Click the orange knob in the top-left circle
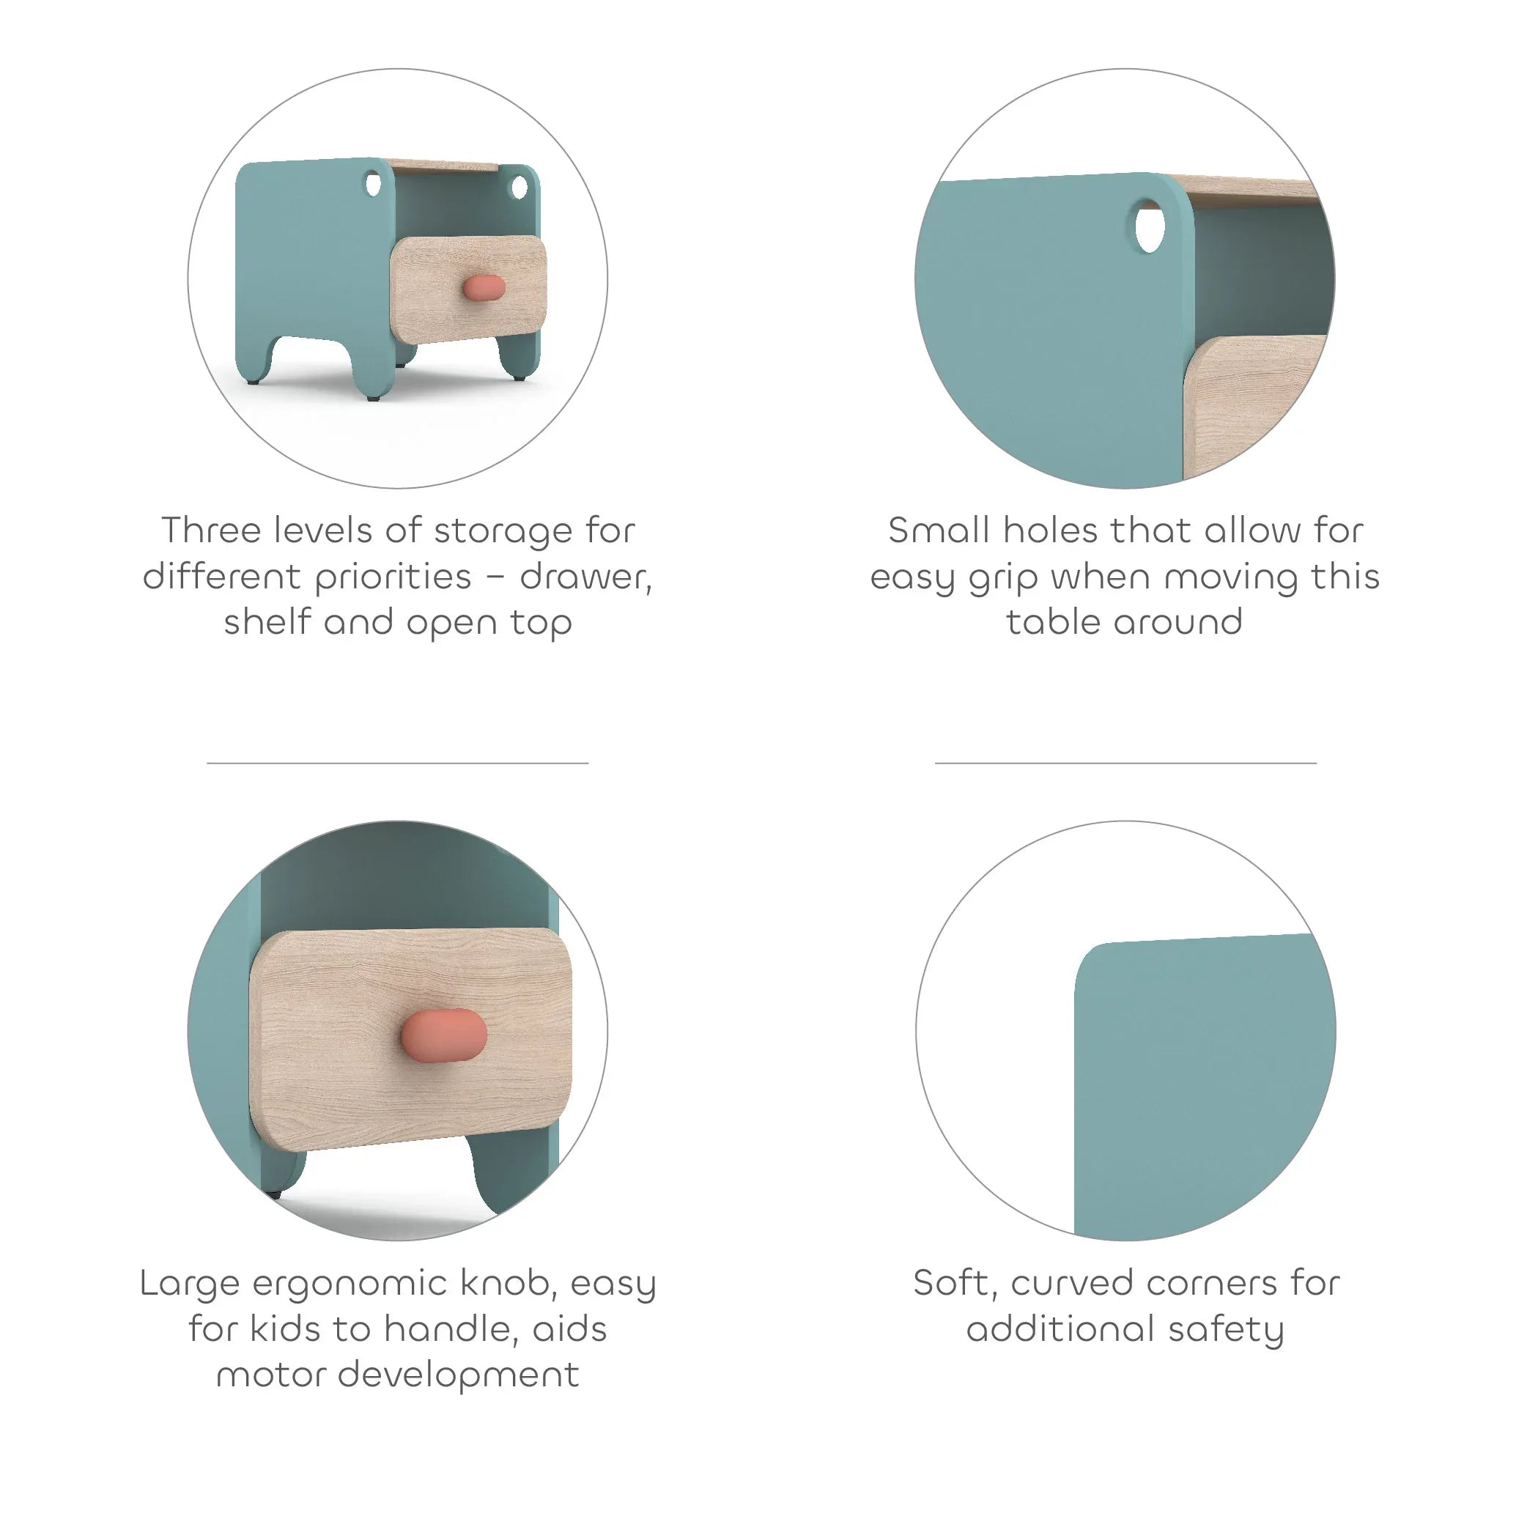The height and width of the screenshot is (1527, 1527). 483,288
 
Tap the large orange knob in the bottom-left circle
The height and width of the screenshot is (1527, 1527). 443,1035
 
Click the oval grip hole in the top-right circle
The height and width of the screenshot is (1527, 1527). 1150,227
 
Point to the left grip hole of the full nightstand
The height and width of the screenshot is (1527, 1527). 373,184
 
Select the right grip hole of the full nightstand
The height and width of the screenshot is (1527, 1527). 520,188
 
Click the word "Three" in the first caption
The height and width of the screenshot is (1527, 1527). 211,530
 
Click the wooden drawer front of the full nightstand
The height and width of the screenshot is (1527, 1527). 469,289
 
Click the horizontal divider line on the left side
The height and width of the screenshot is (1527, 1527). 398,763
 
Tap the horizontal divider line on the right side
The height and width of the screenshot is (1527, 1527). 1125,763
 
